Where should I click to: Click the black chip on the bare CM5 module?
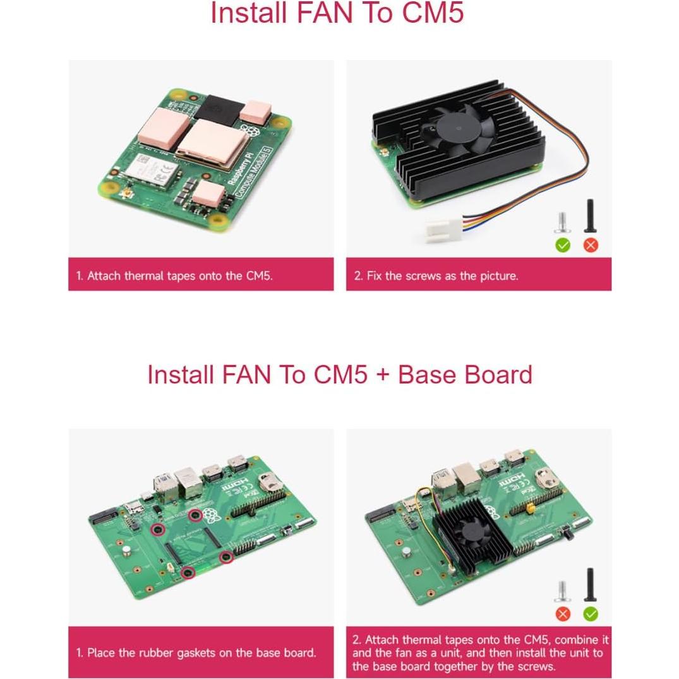(x=223, y=111)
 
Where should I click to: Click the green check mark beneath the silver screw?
(x=562, y=245)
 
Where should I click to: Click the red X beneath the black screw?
(x=591, y=245)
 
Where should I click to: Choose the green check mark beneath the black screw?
(x=591, y=613)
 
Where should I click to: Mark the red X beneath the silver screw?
(x=562, y=613)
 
